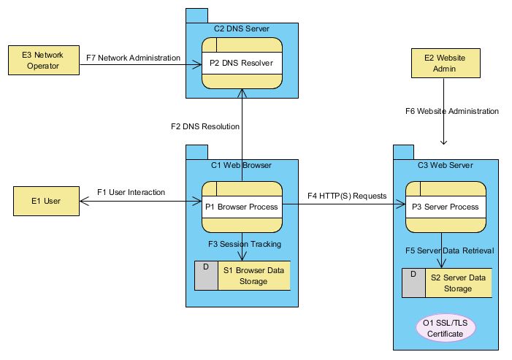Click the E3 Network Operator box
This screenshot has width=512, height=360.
tap(43, 61)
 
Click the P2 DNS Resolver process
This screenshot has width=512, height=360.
tap(242, 64)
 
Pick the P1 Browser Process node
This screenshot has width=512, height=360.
tap(242, 207)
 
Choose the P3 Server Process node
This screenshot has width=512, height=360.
tap(446, 207)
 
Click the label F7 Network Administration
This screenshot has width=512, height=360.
tap(133, 58)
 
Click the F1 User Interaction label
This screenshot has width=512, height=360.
tap(131, 193)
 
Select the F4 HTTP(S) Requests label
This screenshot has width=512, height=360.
tap(347, 196)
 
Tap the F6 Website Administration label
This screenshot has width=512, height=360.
tap(451, 112)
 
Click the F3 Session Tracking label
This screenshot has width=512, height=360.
tap(245, 244)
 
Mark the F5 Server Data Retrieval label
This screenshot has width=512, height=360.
tap(449, 250)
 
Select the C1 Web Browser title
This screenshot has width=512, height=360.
tap(242, 165)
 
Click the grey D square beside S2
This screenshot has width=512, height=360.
tap(414, 283)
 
